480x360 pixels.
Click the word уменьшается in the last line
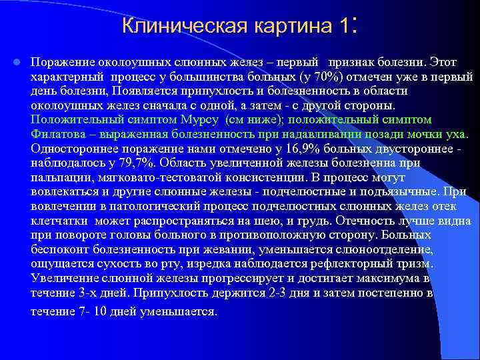tap(179, 311)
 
